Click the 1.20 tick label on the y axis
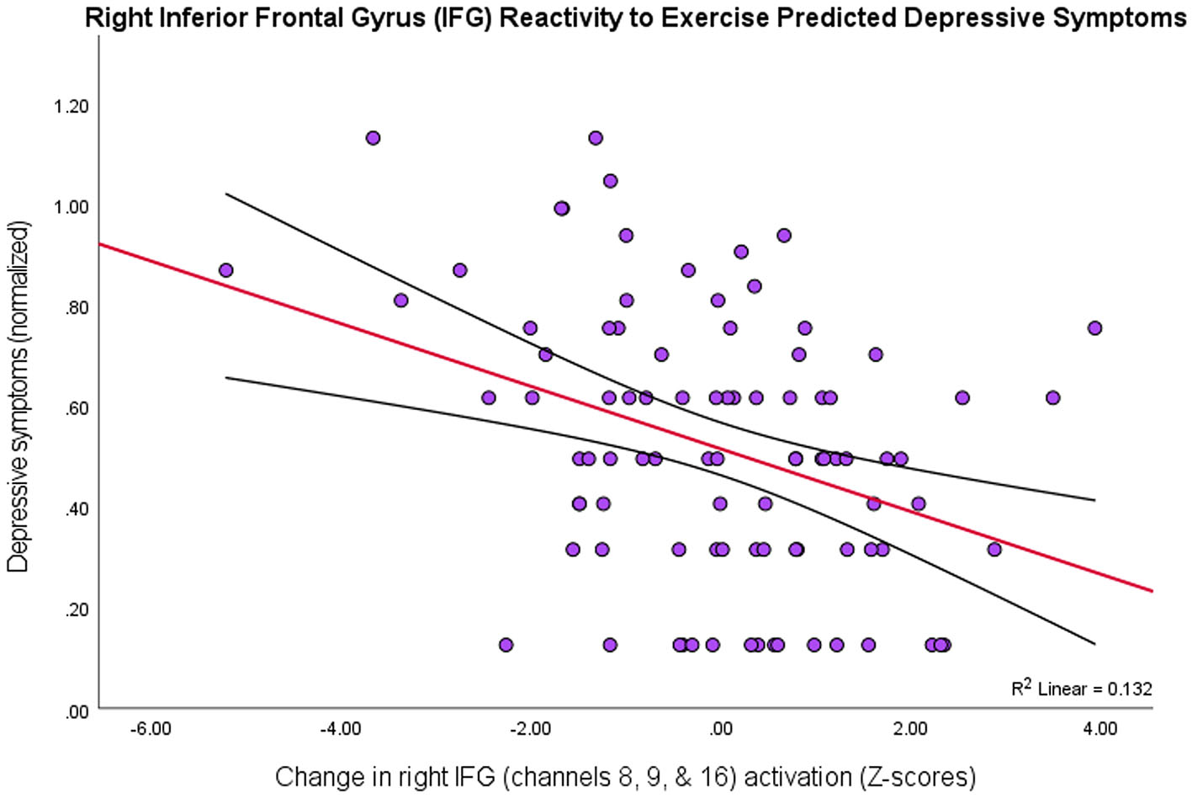[71, 106]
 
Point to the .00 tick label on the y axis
[77, 711]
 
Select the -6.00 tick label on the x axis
[151, 728]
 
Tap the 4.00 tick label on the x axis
[1100, 728]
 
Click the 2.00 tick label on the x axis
[910, 728]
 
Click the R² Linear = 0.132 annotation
[1081, 689]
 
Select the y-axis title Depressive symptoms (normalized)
[19, 396]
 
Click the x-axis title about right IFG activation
[625, 776]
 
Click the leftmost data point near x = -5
[225, 270]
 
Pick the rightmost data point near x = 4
[1094, 328]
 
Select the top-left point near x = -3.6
[373, 138]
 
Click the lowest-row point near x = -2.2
[506, 645]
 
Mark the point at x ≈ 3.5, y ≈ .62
[1052, 397]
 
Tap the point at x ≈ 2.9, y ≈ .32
[994, 550]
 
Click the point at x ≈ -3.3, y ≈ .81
[400, 301]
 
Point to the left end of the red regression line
[101, 244]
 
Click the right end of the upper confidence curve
[1094, 500]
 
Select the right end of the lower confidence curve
[1094, 644]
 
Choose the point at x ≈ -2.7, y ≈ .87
[459, 270]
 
